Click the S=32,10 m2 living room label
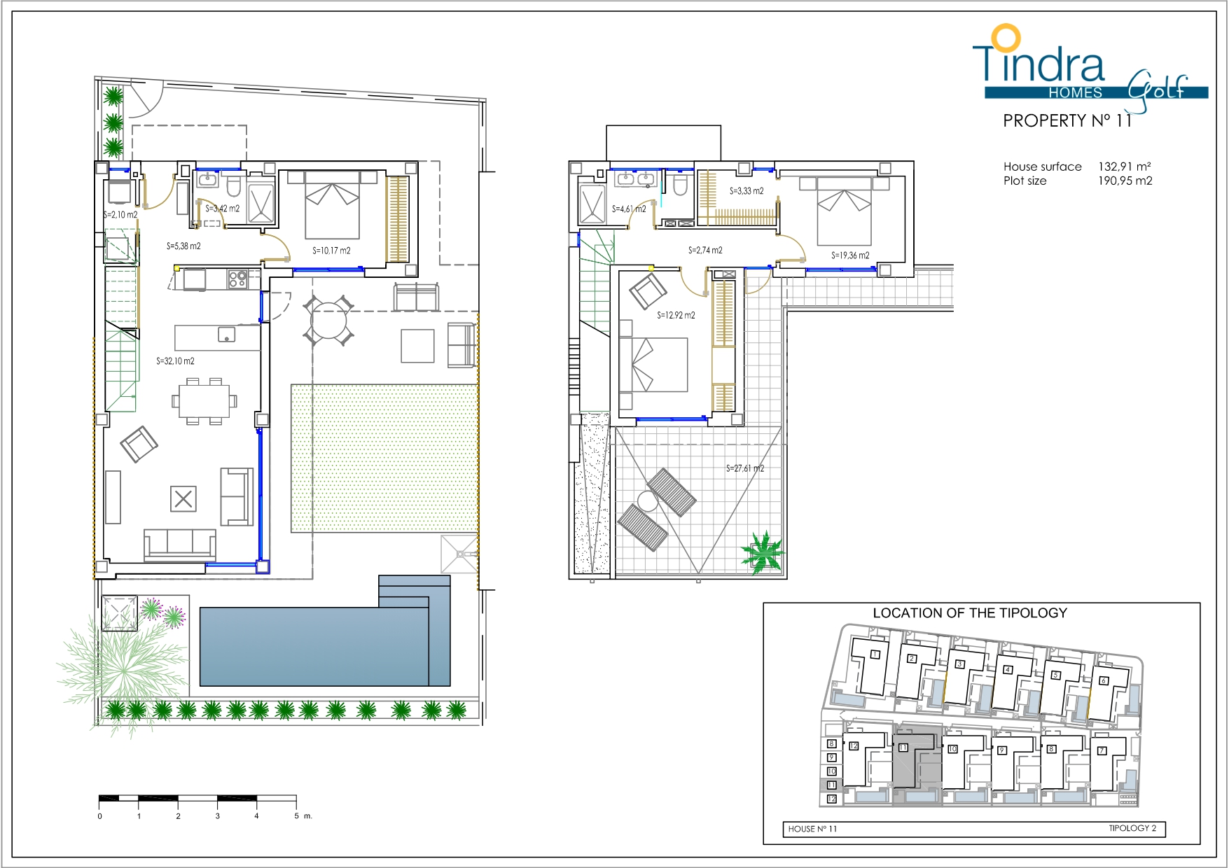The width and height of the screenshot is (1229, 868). tap(175, 361)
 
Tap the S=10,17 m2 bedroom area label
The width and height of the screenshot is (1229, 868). tap(331, 251)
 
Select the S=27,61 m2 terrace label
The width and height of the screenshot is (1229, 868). tap(745, 468)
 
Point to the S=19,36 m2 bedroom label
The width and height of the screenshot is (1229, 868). tap(850, 255)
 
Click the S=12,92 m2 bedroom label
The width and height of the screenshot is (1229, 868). tap(676, 316)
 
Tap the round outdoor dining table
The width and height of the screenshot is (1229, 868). tap(328, 321)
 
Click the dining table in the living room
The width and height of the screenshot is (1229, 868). tap(204, 401)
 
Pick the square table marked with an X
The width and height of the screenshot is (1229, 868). tap(183, 499)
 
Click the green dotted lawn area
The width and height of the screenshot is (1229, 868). tap(384, 458)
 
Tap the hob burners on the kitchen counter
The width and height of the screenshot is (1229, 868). tap(237, 279)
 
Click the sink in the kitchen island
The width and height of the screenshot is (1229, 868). tap(226, 335)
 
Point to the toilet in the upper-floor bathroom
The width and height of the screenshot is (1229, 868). tap(679, 185)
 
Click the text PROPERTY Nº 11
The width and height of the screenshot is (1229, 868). tap(1067, 121)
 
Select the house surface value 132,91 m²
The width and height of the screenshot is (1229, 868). tap(1125, 167)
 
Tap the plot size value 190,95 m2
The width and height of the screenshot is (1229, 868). tap(1125, 181)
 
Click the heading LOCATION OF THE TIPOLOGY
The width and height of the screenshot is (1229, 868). tap(970, 613)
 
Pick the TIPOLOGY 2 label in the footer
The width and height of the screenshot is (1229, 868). tap(1132, 828)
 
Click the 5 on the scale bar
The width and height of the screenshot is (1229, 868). tap(296, 816)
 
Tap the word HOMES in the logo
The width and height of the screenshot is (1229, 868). tap(1076, 93)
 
